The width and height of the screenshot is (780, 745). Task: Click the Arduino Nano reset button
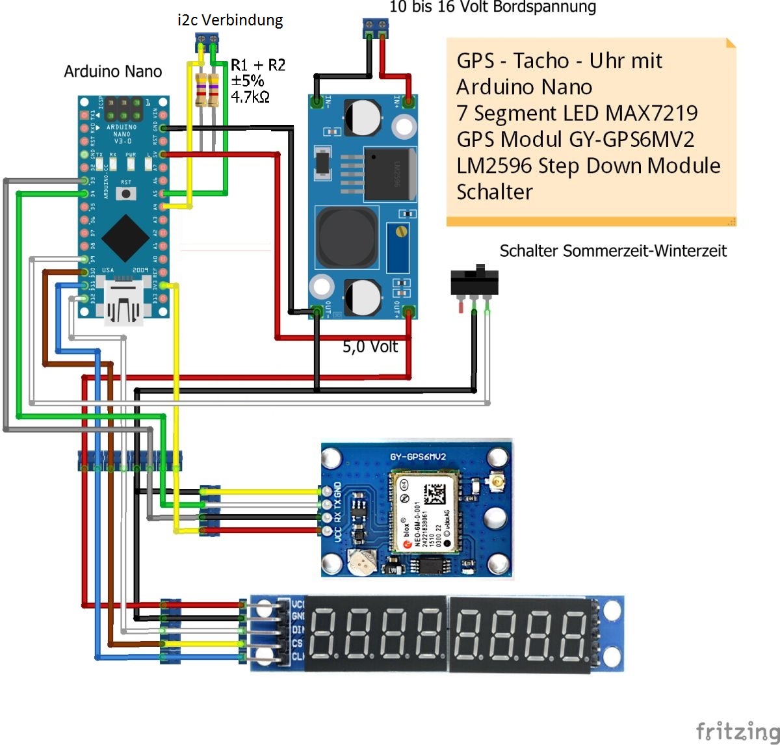coord(126,193)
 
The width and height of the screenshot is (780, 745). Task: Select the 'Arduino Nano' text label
coord(112,72)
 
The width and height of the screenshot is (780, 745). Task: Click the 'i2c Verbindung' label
coord(230,20)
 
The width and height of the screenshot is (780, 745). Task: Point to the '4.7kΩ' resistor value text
coord(250,98)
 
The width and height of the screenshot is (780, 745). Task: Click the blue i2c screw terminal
coord(207,44)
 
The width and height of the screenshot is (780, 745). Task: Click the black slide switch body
coord(475,282)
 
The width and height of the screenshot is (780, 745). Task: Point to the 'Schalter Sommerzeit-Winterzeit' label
coord(613,251)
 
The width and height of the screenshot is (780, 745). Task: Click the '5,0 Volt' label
coord(370,346)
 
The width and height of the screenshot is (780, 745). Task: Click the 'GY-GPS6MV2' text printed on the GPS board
coord(418,457)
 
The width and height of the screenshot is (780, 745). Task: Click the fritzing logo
coord(736,731)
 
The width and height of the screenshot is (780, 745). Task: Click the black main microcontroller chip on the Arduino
coord(123,238)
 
